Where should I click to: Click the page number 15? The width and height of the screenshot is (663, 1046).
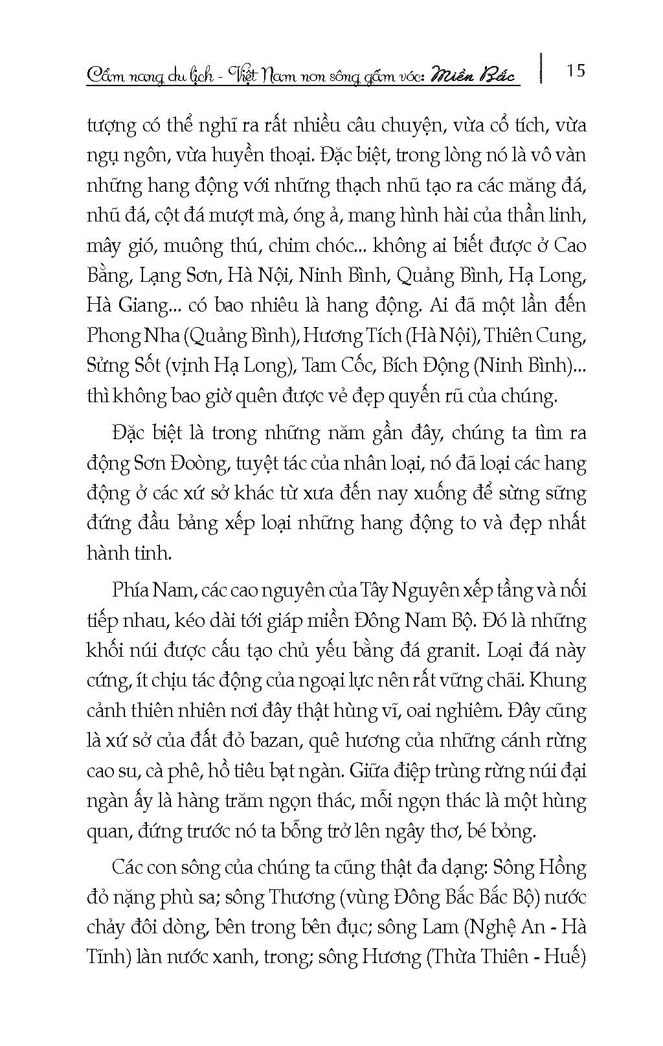pyautogui.click(x=575, y=70)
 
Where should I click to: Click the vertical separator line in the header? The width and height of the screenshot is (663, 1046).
pyautogui.click(x=540, y=69)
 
